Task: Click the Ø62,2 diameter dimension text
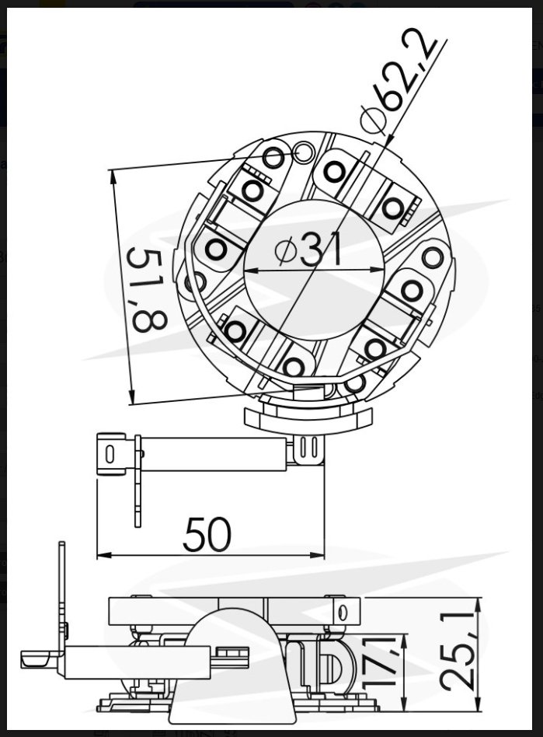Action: tap(399, 80)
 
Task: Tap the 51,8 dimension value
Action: tap(147, 291)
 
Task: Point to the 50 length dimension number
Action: tap(207, 534)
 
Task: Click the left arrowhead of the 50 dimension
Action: tap(104, 555)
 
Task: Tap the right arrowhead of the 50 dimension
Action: tap(317, 555)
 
